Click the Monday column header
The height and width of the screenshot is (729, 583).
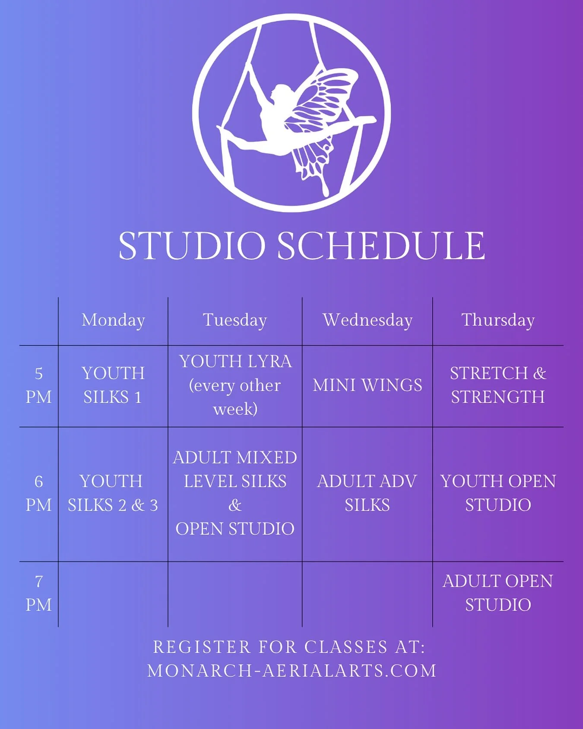coord(113,320)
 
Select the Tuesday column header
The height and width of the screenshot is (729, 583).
coord(235,320)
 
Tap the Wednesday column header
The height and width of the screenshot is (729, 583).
coord(368,320)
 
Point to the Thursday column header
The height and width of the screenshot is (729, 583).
coord(498,320)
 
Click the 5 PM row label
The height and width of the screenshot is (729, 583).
coord(38,385)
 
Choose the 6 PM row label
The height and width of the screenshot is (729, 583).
coord(38,493)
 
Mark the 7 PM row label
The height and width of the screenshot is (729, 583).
coord(38,593)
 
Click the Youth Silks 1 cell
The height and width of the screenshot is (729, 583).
coord(113,385)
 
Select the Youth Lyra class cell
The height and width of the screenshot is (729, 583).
coord(235,385)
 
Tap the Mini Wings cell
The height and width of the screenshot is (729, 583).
coord(368,385)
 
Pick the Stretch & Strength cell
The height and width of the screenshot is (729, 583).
coord(498,385)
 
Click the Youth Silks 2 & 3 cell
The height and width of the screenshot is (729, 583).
coord(113,493)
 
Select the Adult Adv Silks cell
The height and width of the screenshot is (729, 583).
coord(367,493)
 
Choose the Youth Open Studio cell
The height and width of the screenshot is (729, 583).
coord(498,493)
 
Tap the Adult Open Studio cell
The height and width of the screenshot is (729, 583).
coord(498,593)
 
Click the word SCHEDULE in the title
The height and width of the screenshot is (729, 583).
coord(381,246)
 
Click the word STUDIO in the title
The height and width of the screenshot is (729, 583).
coord(192,246)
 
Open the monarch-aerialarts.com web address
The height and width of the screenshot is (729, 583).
coord(292,671)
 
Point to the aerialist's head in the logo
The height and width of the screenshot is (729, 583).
coord(280,92)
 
